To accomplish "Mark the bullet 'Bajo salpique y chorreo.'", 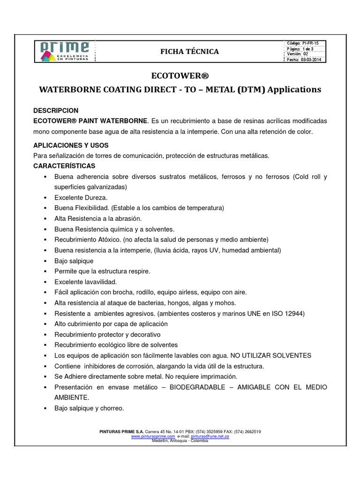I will pyautogui.click(x=89, y=408).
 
